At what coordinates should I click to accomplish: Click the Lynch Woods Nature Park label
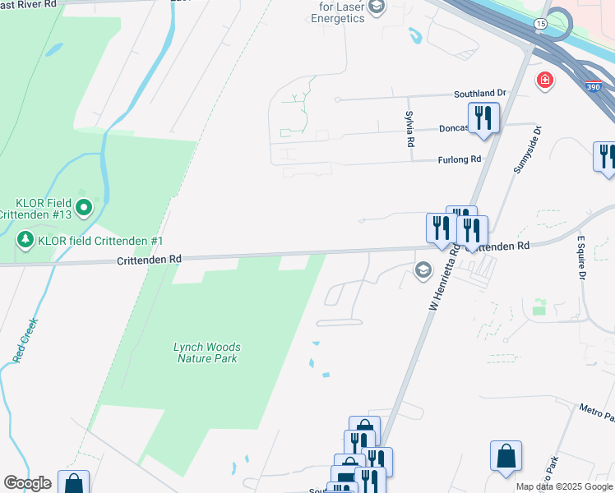(206, 352)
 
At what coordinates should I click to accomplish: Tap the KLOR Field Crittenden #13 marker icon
(83, 209)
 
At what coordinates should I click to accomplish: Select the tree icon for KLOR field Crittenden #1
(25, 241)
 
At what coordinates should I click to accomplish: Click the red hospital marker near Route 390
(543, 80)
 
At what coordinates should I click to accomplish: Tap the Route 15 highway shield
(539, 25)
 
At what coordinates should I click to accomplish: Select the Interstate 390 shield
(592, 86)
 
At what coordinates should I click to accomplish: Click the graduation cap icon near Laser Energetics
(377, 8)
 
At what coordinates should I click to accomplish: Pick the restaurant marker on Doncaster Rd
(483, 117)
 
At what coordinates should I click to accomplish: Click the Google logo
(27, 483)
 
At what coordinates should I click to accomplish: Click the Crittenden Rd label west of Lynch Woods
(148, 259)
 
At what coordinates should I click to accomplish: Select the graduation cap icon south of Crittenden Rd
(423, 270)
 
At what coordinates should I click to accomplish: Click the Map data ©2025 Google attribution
(564, 486)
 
